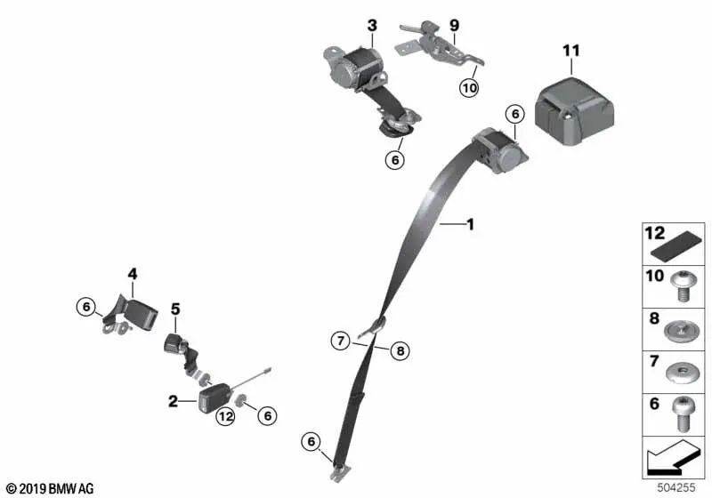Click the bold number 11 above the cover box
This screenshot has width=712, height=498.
pos(571,51)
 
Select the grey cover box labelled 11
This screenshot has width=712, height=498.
pos(574,111)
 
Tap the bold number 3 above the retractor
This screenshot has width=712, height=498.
pos(372,26)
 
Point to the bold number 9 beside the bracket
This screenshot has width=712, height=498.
pos(455,26)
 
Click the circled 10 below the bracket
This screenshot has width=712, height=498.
pos(469,87)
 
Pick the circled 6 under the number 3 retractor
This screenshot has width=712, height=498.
pos(395,160)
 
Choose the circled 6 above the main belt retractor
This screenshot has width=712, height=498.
pos(515,114)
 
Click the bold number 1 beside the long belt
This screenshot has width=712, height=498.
pos(471,224)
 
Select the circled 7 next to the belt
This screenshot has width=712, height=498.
pos(341,341)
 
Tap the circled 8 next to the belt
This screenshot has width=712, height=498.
pos(400,350)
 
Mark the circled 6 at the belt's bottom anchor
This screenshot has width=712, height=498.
pos(311,441)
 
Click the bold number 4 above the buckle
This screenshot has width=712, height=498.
pos(132,274)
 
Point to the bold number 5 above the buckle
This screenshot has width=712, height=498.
pos(175,309)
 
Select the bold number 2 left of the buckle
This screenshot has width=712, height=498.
pos(173,401)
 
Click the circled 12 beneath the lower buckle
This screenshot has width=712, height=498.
pos(226,416)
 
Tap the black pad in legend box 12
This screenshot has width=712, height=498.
pos(676,246)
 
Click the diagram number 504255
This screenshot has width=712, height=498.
pos(676,487)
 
